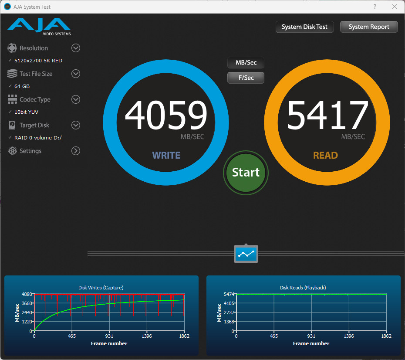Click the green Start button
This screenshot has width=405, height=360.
pos(246,173)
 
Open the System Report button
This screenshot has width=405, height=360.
pos(369,27)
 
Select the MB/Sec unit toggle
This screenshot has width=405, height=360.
pos(246,62)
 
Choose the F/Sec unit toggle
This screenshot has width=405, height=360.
pos(246,78)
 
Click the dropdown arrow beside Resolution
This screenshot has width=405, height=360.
pos(76,48)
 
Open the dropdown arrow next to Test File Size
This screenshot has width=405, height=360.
pos(76,74)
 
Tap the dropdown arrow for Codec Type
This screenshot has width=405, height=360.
pos(76,99)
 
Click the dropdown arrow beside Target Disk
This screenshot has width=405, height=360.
pos(76,125)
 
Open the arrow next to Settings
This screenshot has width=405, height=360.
pos(76,151)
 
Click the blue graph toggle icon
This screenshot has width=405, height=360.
pos(246,254)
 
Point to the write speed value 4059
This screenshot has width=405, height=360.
pos(166,115)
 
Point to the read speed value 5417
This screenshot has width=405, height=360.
pos(327,115)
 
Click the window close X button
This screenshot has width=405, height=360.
pos(395,7)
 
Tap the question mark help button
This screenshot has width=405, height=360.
pos(375,7)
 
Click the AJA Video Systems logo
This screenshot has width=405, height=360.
pos(39,27)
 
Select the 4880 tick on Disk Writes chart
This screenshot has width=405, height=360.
pos(27,294)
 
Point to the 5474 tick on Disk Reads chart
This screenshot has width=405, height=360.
pos(229,294)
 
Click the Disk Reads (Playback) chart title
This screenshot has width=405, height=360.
pos(303,288)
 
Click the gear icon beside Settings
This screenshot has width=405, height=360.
pos(12,151)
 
